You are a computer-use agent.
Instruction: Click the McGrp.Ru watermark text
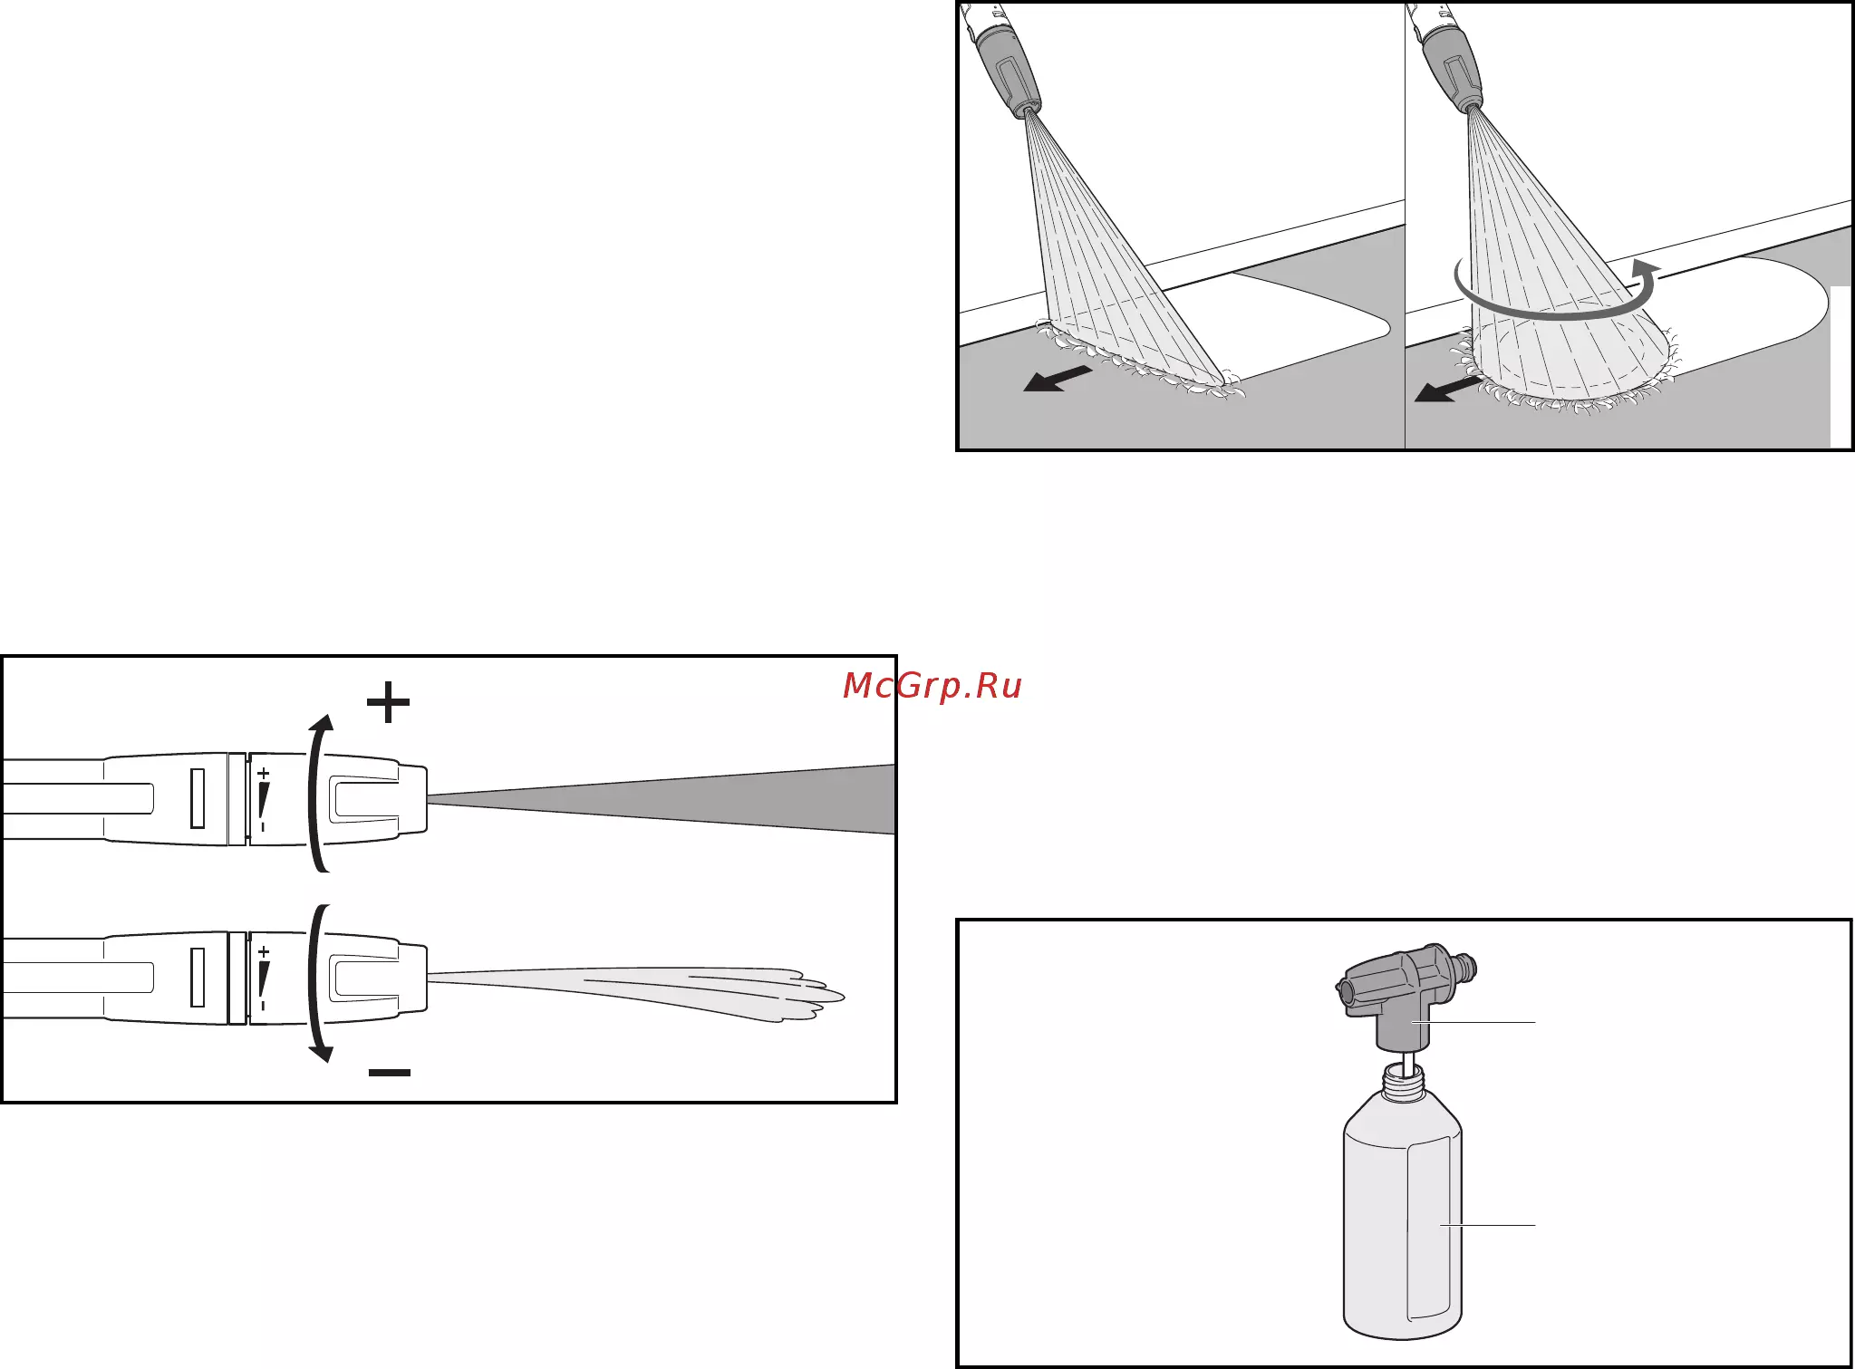(x=932, y=686)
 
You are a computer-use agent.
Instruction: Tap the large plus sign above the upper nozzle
(x=389, y=701)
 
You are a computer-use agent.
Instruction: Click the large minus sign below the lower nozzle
(x=390, y=1072)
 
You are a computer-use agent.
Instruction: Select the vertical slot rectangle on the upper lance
(x=198, y=798)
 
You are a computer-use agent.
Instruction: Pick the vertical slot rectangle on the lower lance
(x=198, y=977)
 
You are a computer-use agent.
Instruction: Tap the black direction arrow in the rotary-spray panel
(x=1448, y=389)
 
